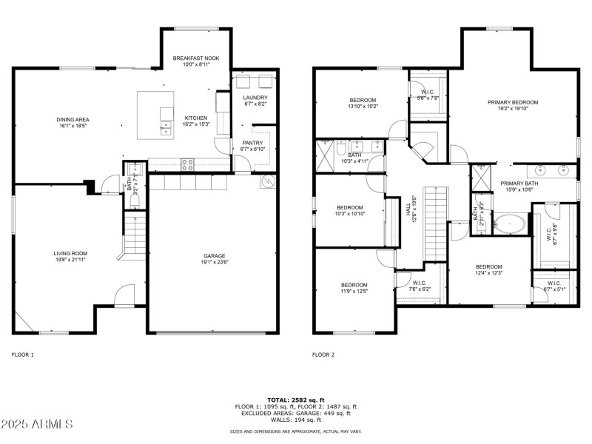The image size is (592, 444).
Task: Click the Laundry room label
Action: coord(255,98)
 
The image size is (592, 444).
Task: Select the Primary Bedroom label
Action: coord(512,102)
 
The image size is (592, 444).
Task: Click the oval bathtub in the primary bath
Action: coord(511,223)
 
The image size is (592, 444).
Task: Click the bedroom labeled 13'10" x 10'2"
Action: coord(363,100)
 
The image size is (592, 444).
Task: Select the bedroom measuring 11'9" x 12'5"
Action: coord(354,285)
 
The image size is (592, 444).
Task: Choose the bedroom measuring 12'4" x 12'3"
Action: coord(488,267)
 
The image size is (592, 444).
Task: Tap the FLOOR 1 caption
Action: coord(22,354)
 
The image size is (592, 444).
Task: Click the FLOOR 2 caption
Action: coord(323,354)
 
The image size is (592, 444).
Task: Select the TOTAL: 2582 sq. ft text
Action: coord(295,400)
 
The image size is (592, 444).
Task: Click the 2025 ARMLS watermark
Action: coord(37,424)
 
